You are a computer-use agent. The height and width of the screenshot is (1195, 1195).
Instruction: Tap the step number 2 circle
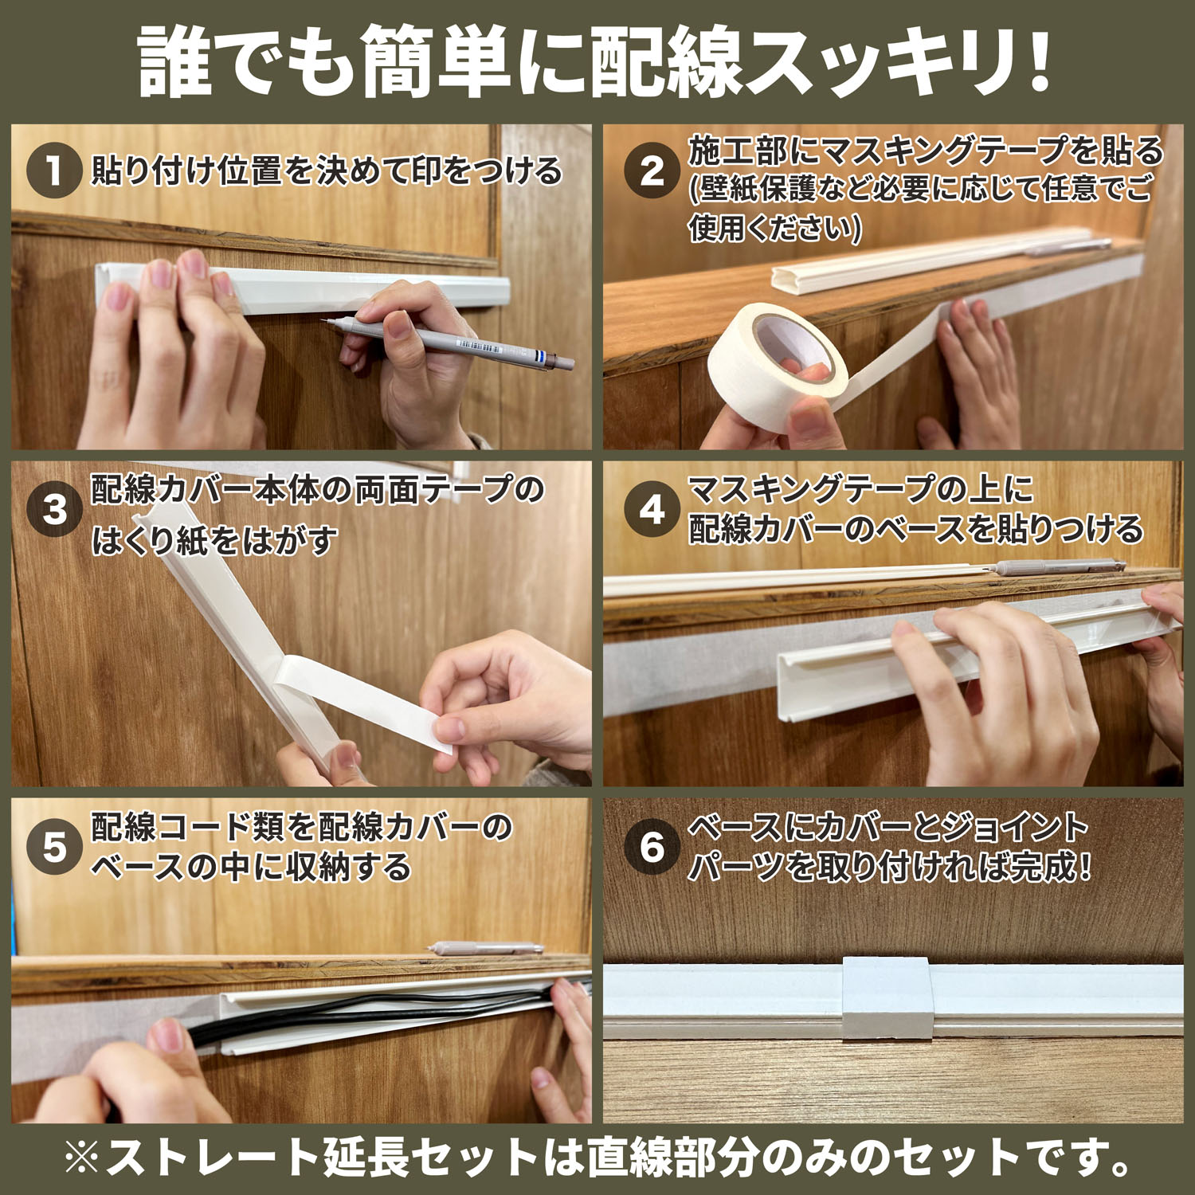(x=652, y=170)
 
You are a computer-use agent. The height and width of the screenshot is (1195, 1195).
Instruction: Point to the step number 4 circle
(x=652, y=508)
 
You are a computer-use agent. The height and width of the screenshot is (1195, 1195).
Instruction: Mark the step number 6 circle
(x=652, y=846)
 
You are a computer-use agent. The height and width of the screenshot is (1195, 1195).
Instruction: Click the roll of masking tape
(x=777, y=358)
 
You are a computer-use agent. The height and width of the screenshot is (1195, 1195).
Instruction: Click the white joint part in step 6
(x=887, y=998)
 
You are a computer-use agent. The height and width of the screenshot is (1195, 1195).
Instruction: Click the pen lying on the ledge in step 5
(x=486, y=949)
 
